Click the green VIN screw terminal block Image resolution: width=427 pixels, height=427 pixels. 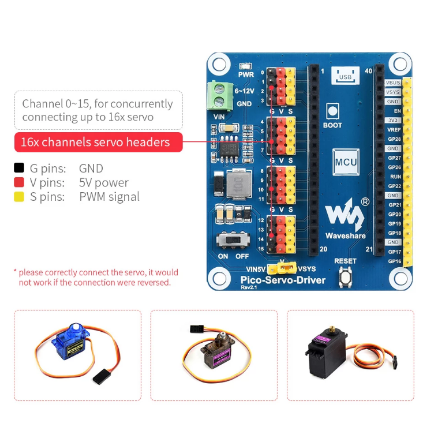click(x=219, y=95)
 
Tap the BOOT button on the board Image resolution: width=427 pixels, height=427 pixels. click(x=332, y=111)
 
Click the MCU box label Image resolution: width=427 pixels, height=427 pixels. click(x=346, y=162)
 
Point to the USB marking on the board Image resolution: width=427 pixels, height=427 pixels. click(x=345, y=77)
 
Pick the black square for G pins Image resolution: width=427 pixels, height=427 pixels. click(x=19, y=168)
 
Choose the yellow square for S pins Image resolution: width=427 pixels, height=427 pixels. click(x=19, y=197)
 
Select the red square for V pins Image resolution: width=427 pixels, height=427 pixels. click(x=19, y=183)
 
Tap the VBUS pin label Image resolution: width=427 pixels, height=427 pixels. click(x=393, y=83)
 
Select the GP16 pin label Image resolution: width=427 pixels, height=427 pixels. click(x=394, y=261)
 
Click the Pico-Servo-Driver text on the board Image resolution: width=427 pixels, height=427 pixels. click(x=283, y=280)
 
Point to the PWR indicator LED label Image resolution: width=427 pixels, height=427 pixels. click(x=246, y=74)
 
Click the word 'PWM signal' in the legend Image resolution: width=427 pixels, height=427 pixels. click(x=109, y=197)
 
